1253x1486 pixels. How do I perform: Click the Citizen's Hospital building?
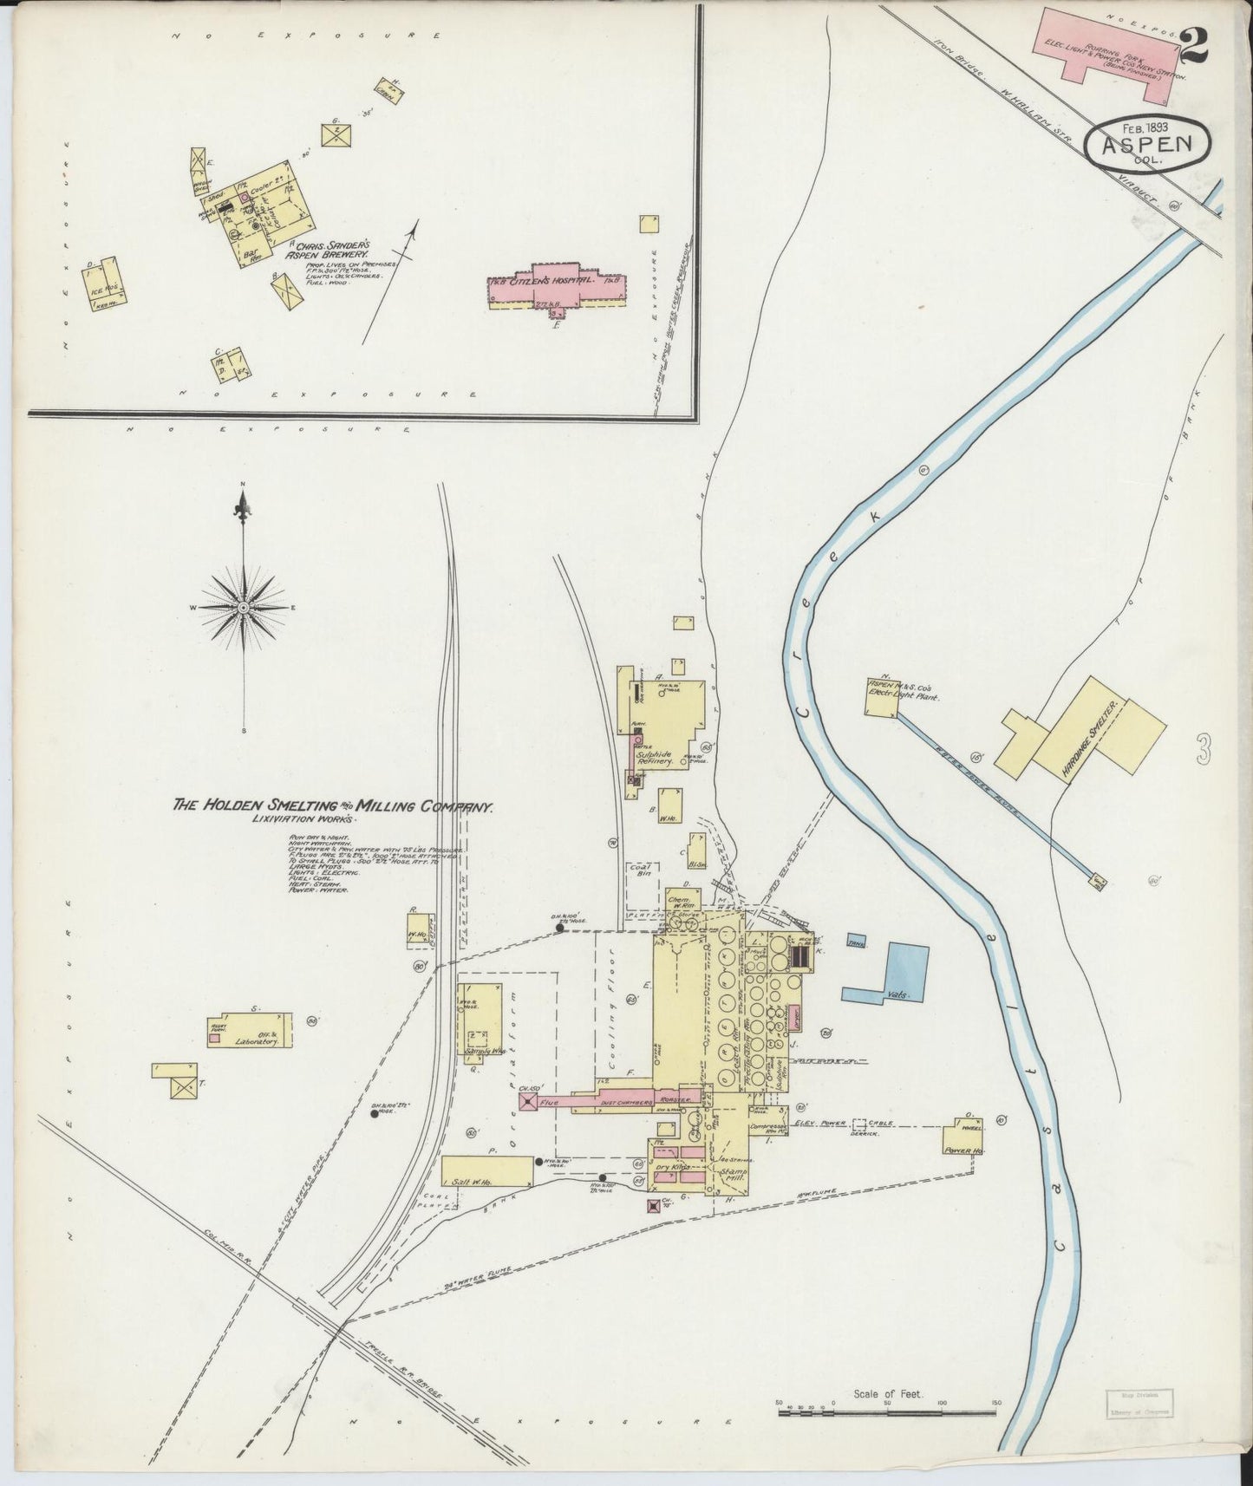556,289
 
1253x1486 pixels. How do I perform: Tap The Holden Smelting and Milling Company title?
334,806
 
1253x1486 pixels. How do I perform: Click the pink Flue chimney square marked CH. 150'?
527,1101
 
